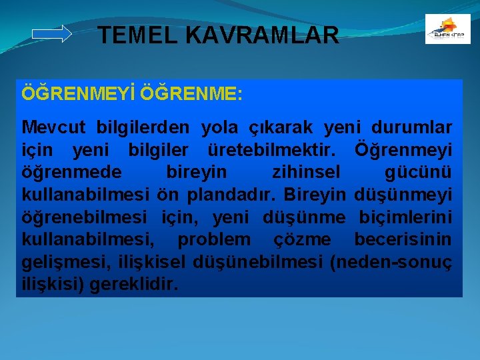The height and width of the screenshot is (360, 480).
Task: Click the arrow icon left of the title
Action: (51, 34)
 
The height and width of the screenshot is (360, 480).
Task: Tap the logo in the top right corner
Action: (447, 29)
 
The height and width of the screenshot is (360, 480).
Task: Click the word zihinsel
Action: (306, 172)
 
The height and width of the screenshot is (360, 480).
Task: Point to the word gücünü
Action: (418, 172)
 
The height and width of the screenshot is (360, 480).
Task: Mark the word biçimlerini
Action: (405, 217)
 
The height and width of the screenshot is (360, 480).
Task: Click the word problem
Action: (214, 239)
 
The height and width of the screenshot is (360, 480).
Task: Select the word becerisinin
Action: (403, 239)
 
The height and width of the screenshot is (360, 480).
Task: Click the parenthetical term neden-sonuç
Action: (391, 262)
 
